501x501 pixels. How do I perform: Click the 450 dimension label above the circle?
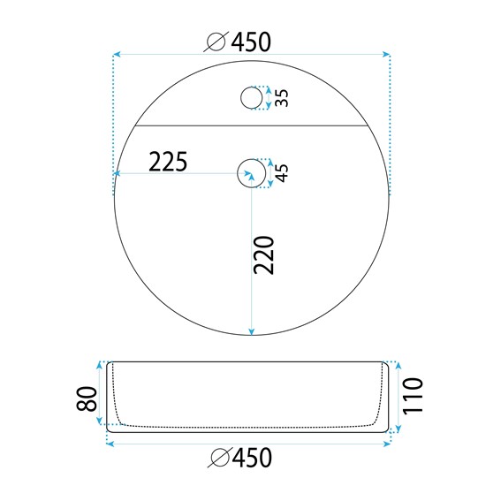pos(251,42)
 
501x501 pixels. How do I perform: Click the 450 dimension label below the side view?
pos(252,457)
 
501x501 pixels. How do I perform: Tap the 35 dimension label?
pos(282,98)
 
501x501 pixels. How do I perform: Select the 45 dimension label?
pos(282,173)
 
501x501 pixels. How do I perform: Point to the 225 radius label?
pos(168,162)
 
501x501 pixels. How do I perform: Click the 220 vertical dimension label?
pos(264,255)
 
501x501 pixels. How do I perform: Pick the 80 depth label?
pos(87,399)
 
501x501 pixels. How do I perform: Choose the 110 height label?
pos(413,396)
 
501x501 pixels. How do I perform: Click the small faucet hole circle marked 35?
pos(252,98)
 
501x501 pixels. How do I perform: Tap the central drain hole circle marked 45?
pos(252,173)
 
